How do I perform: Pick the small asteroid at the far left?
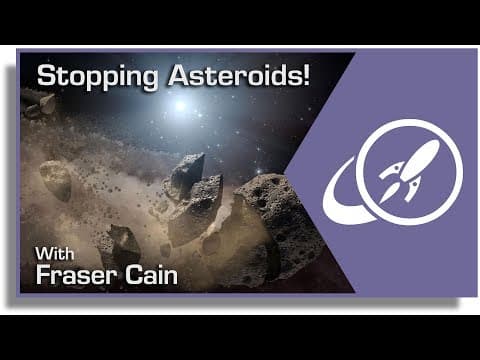pyautogui.click(x=56, y=180)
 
